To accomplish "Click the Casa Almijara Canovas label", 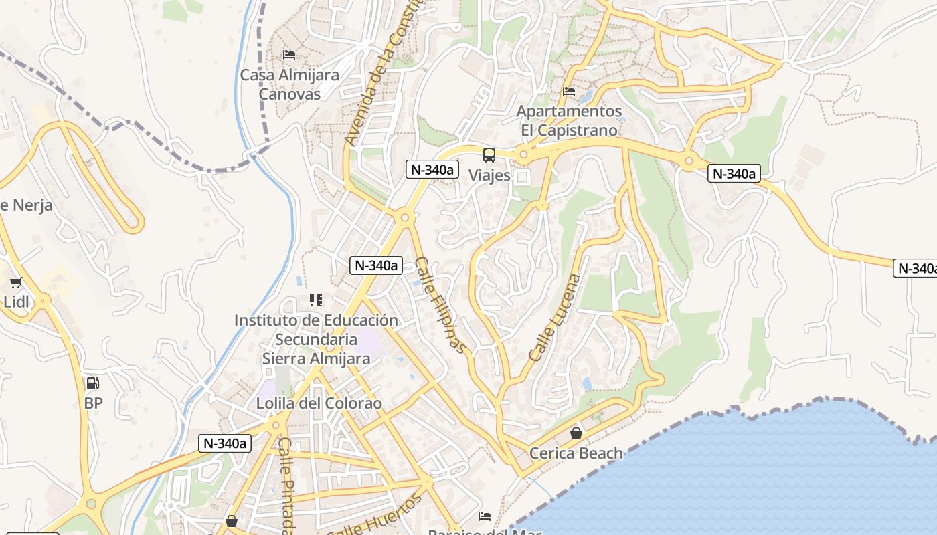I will tap(290, 84).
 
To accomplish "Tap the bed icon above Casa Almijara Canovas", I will tap(289, 54).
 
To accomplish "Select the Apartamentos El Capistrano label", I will tap(570, 120).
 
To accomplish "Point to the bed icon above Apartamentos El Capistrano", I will tap(569, 91).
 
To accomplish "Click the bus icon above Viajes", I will tap(489, 155).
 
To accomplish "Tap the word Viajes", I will tap(489, 176).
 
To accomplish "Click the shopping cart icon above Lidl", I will tap(16, 282).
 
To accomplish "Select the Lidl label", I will tap(16, 302).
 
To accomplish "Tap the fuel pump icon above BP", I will tap(93, 383).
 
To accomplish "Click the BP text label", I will tap(93, 403).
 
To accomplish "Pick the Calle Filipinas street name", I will tap(440, 304).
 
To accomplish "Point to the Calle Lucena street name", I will tap(555, 318).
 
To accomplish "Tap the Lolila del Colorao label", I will tap(319, 403).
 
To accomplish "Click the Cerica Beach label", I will tap(576, 453).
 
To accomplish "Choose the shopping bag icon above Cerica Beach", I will tap(576, 433).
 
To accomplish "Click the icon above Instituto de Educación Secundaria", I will tap(316, 300).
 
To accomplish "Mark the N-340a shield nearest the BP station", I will tap(225, 443).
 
